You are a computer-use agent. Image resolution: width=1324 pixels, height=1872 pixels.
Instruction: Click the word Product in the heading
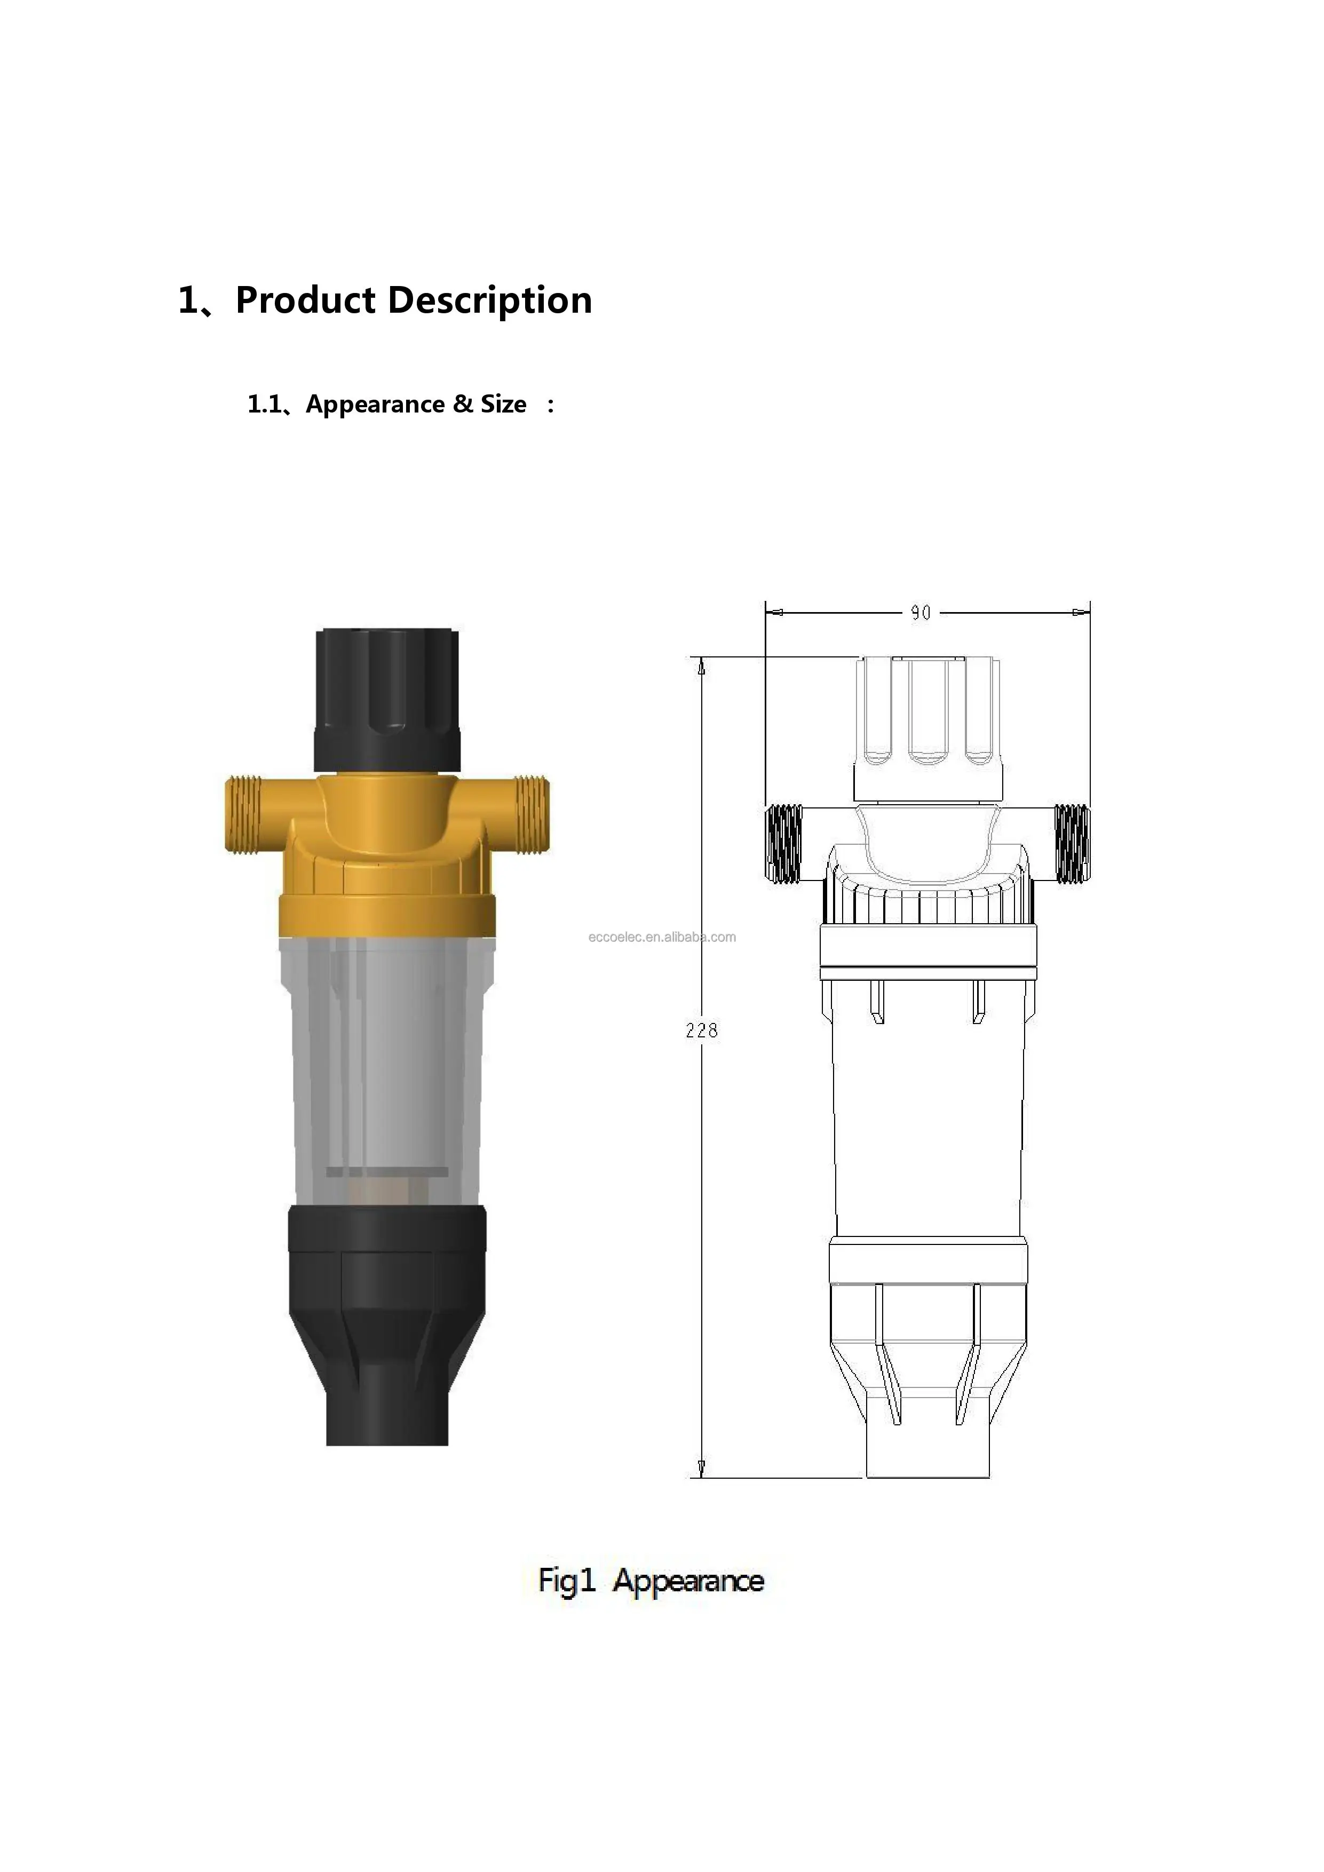pos(306,301)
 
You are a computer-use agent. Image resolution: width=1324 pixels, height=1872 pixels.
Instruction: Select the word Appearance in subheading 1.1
pos(376,405)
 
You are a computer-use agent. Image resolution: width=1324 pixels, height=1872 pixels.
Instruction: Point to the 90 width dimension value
pos(921,612)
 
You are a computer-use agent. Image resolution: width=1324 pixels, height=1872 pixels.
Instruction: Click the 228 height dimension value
pos(701,1030)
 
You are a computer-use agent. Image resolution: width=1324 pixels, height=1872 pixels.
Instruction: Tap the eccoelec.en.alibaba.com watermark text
pos(662,937)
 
